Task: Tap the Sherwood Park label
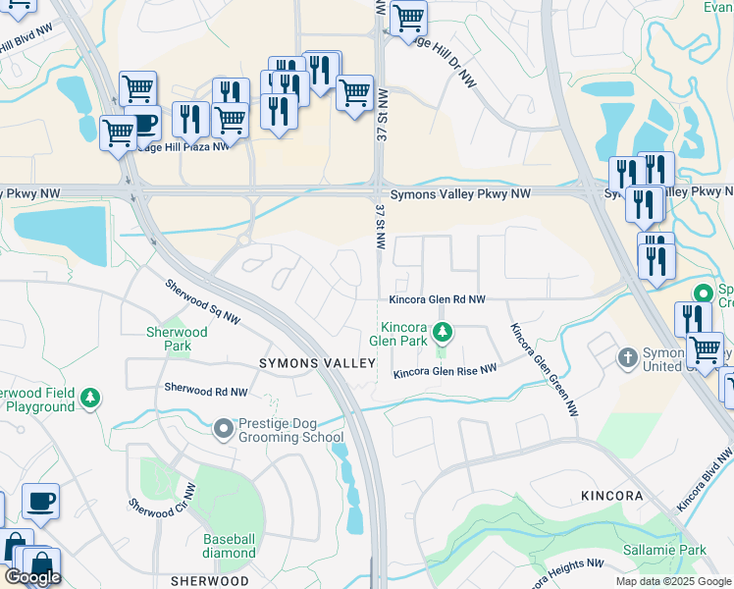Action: (178, 340)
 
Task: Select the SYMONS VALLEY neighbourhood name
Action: (317, 363)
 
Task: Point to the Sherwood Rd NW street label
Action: (206, 391)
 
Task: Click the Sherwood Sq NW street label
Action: (201, 302)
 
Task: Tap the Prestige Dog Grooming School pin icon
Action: (225, 428)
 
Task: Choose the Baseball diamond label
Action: (230, 547)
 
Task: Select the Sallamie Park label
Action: (664, 551)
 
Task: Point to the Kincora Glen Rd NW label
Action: (437, 298)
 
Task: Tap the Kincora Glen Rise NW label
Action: (445, 371)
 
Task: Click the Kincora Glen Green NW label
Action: (543, 369)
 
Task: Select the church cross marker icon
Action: (628, 358)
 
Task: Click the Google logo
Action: (32, 577)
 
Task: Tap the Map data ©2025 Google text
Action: (672, 581)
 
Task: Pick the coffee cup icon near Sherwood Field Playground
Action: (40, 501)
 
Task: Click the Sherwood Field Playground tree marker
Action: (90, 398)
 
